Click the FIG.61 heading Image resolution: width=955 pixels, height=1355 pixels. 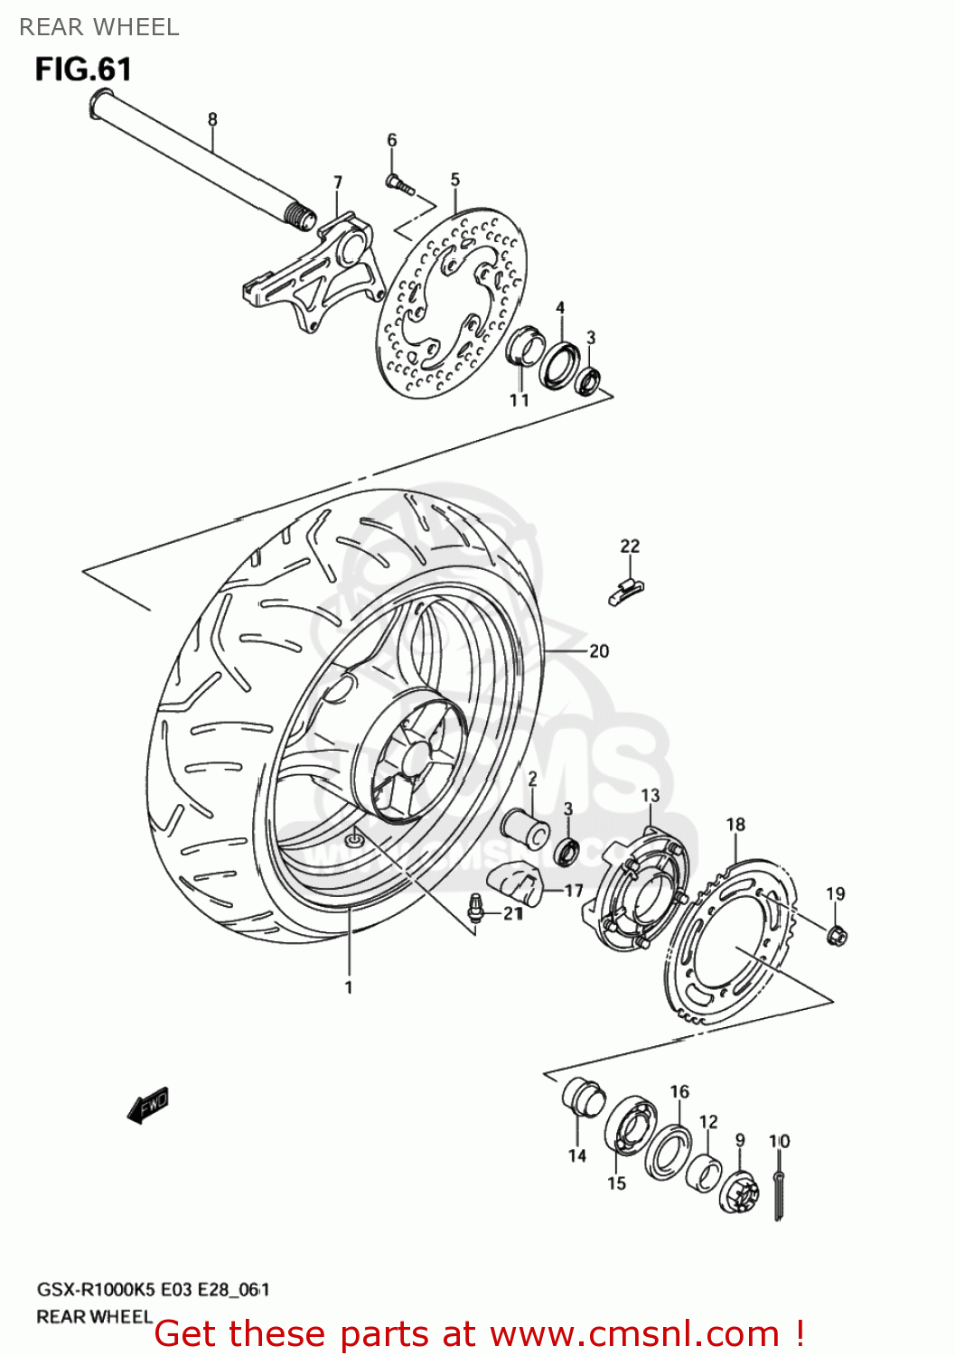[x=83, y=70]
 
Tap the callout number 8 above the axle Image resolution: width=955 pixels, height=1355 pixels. [x=212, y=119]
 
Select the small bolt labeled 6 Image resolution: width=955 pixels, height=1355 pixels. [x=398, y=184]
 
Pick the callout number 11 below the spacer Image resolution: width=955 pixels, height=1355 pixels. [x=519, y=399]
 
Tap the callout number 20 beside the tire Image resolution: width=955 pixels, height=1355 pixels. [x=599, y=651]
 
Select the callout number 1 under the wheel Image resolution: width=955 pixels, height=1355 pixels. [x=349, y=987]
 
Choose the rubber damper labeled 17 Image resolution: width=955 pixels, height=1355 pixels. [x=514, y=883]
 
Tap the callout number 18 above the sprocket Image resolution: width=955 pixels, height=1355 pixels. [x=735, y=824]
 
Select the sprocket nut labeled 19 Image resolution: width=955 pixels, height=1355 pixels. [x=837, y=935]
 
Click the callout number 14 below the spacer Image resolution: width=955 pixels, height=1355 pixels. [x=577, y=1155]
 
